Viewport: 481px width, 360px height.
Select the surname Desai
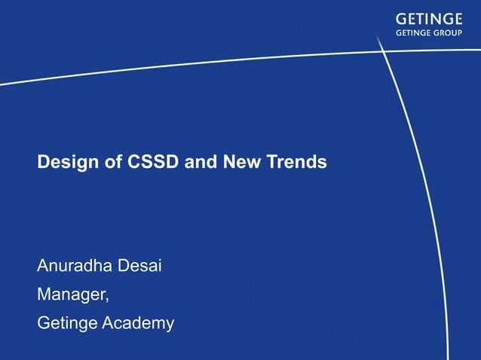pyautogui.click(x=141, y=266)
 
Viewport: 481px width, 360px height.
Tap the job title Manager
pyautogui.click(x=72, y=295)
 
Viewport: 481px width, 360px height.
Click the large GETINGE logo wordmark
pyautogui.click(x=429, y=19)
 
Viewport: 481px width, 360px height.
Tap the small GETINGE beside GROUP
pyautogui.click(x=413, y=33)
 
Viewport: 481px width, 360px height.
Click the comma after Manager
pyautogui.click(x=108, y=300)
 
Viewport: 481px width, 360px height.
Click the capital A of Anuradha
pyautogui.click(x=43, y=266)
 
